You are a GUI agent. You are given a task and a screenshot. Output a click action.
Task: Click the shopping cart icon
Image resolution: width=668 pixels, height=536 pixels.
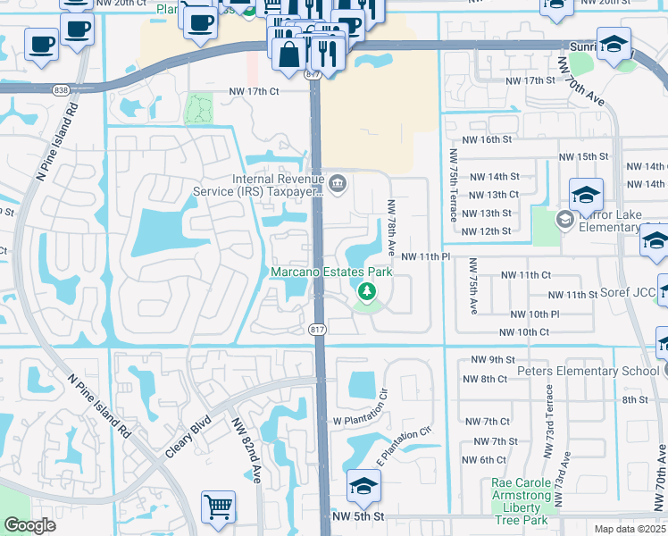(218, 507)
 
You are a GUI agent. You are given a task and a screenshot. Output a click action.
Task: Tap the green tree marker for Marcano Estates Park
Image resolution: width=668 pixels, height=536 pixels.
(366, 291)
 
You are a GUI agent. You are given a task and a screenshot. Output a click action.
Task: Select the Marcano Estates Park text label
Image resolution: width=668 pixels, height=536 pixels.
(332, 272)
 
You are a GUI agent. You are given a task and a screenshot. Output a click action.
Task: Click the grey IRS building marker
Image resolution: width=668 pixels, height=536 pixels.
(338, 185)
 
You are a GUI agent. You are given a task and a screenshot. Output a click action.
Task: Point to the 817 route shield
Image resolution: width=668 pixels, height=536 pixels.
(317, 330)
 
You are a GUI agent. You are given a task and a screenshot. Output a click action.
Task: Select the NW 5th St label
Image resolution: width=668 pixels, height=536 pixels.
(357, 516)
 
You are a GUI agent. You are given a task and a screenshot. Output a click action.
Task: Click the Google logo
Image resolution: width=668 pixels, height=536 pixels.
(29, 525)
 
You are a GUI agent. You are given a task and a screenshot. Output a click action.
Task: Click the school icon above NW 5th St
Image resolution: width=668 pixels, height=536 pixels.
(363, 486)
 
